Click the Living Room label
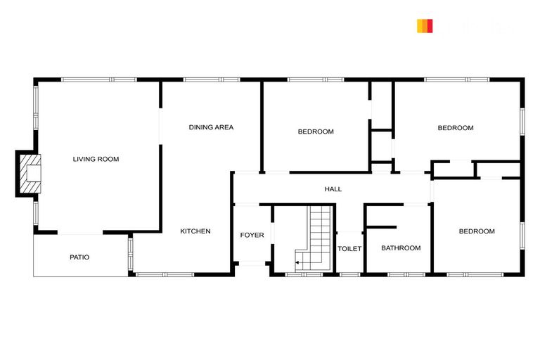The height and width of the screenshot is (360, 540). [96, 159]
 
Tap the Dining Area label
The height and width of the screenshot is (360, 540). [211, 127]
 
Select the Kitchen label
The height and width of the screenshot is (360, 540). [195, 231]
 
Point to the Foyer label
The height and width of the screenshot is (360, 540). [252, 235]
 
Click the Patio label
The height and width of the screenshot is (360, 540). [79, 257]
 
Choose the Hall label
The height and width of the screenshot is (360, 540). [333, 189]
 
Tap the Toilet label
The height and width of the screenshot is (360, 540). [349, 249]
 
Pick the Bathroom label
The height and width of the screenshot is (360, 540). [401, 248]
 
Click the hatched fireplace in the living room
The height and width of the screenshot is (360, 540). [30, 173]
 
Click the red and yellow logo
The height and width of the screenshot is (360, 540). [425, 26]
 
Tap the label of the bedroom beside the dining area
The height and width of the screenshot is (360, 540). [316, 131]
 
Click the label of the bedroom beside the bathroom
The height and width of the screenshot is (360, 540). [477, 231]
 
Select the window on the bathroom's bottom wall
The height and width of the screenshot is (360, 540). [406, 274]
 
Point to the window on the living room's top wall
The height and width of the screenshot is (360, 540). [98, 79]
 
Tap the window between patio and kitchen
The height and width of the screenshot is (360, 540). [130, 254]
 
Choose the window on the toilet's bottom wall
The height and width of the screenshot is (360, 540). [349, 274]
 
